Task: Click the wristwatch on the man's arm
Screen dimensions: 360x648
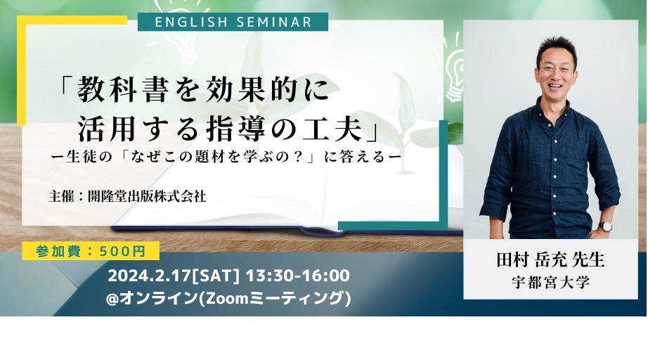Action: click(606, 226)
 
